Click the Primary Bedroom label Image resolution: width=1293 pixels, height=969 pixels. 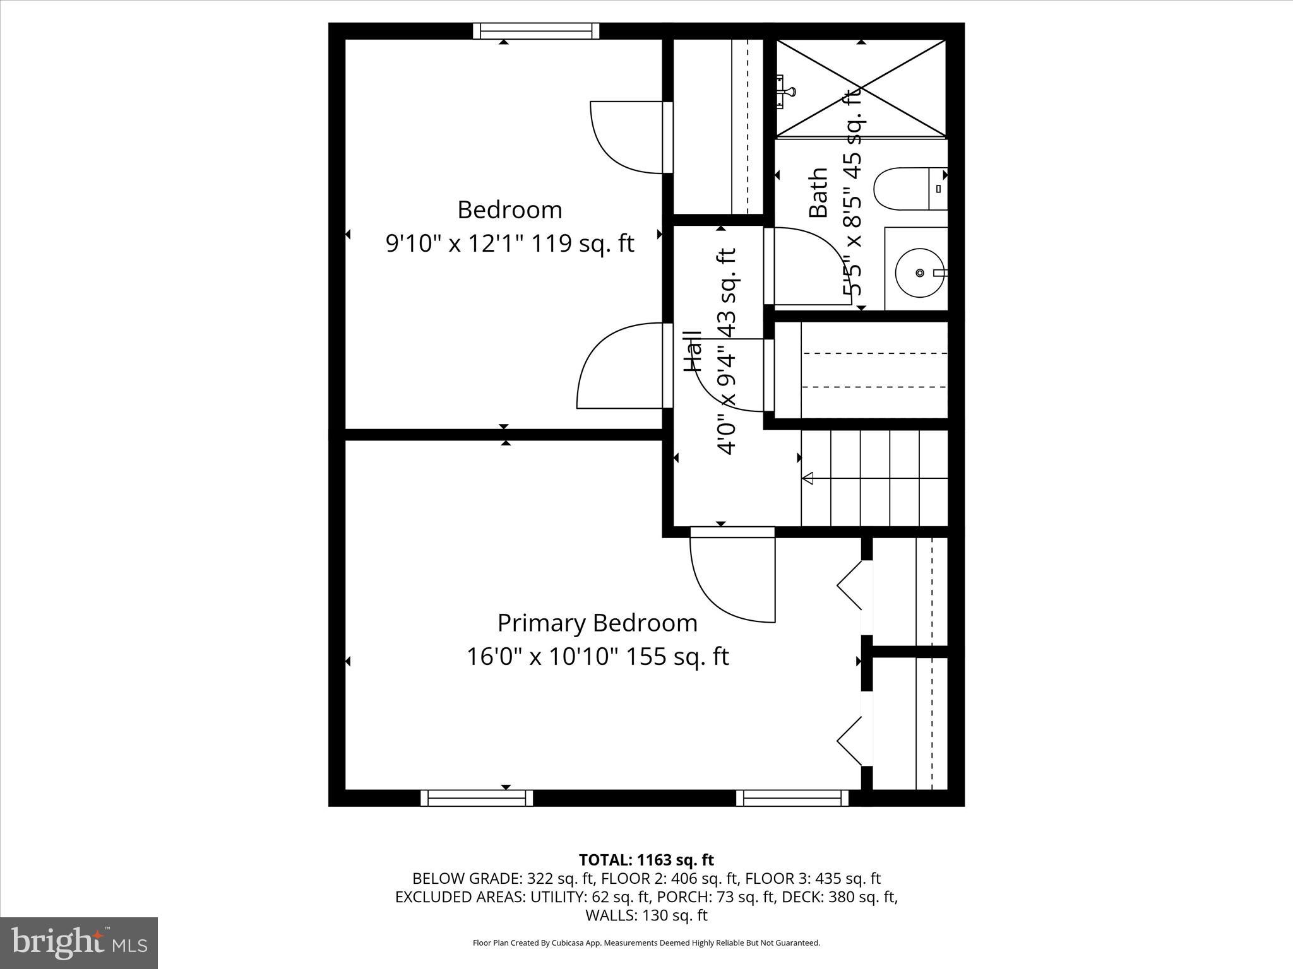point(597,623)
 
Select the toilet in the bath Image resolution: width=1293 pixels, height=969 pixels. point(910,189)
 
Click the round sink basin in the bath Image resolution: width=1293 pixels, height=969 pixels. point(919,273)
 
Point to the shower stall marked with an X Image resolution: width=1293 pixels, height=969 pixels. point(861,88)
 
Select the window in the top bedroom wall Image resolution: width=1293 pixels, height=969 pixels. point(536,31)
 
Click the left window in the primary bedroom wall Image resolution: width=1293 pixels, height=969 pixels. point(477,798)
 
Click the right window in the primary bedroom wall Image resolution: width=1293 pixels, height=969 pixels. point(792,798)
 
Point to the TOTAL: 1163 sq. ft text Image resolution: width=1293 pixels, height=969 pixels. point(646,860)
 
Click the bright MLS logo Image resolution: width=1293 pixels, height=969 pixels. point(79,943)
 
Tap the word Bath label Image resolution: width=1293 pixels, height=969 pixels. point(818,193)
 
